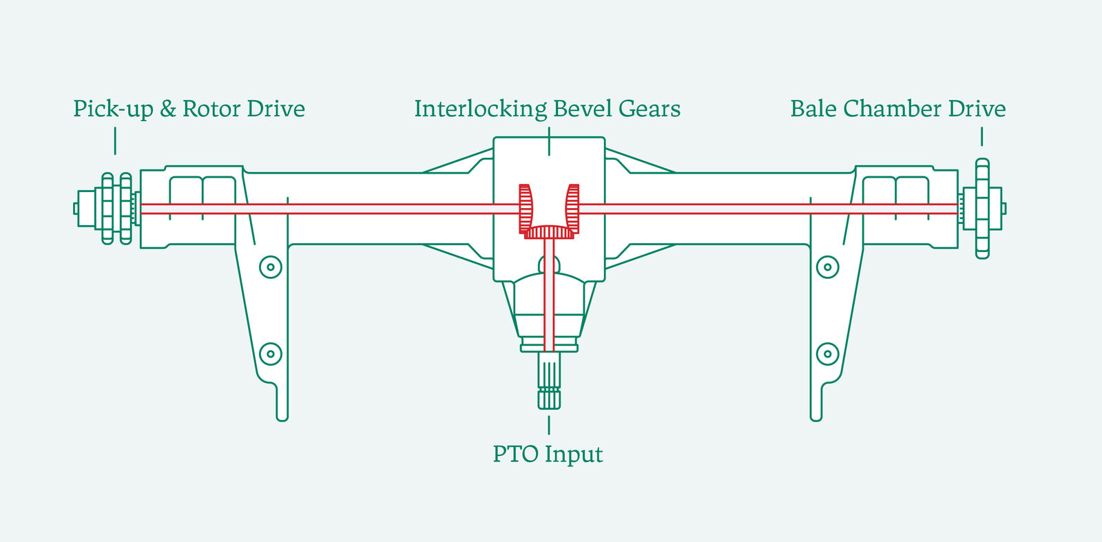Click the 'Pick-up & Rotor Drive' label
pyautogui.click(x=189, y=109)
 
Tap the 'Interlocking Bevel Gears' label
pyautogui.click(x=547, y=109)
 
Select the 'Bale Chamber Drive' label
pyautogui.click(x=897, y=109)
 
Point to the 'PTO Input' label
pyautogui.click(x=548, y=455)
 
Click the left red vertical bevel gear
pyautogui.click(x=526, y=207)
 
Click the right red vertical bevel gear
pyautogui.click(x=572, y=207)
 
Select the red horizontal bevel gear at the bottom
pyautogui.click(x=549, y=232)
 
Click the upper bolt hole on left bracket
pyautogui.click(x=271, y=267)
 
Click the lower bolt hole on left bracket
pyautogui.click(x=271, y=354)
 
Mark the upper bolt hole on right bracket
pyautogui.click(x=827, y=267)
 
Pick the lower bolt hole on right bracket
pyautogui.click(x=827, y=354)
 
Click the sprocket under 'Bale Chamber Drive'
pyautogui.click(x=982, y=208)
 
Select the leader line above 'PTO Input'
pyautogui.click(x=549, y=424)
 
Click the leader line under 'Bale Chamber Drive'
pyautogui.click(x=981, y=136)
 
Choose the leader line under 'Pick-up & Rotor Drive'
pyautogui.click(x=115, y=140)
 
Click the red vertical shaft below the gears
pyautogui.click(x=549, y=296)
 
